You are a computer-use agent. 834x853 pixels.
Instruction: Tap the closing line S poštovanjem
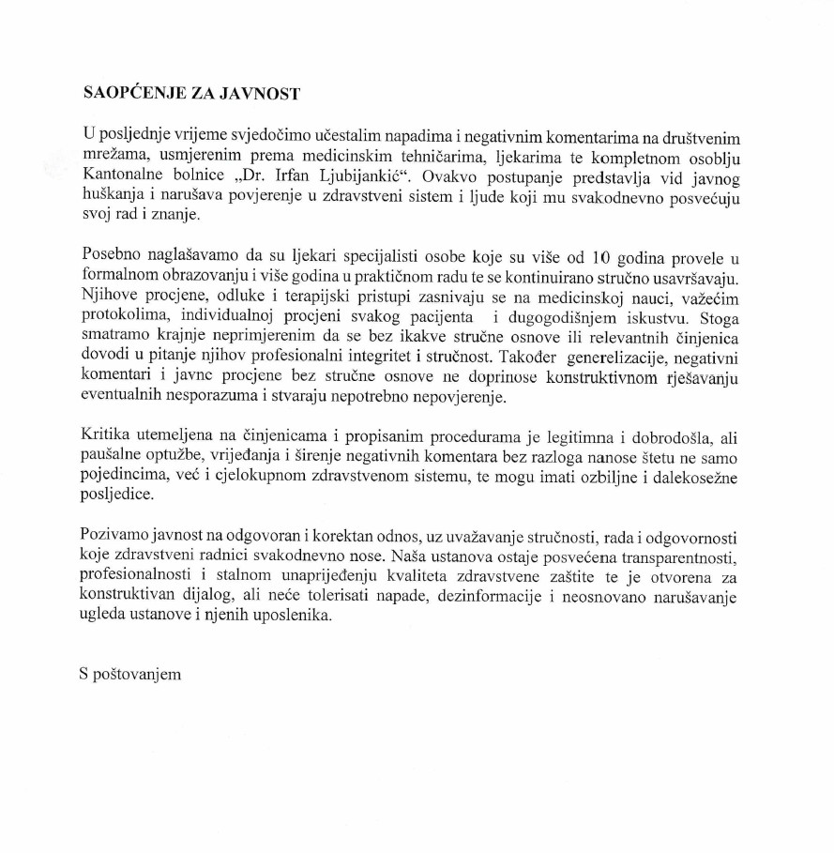129,675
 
